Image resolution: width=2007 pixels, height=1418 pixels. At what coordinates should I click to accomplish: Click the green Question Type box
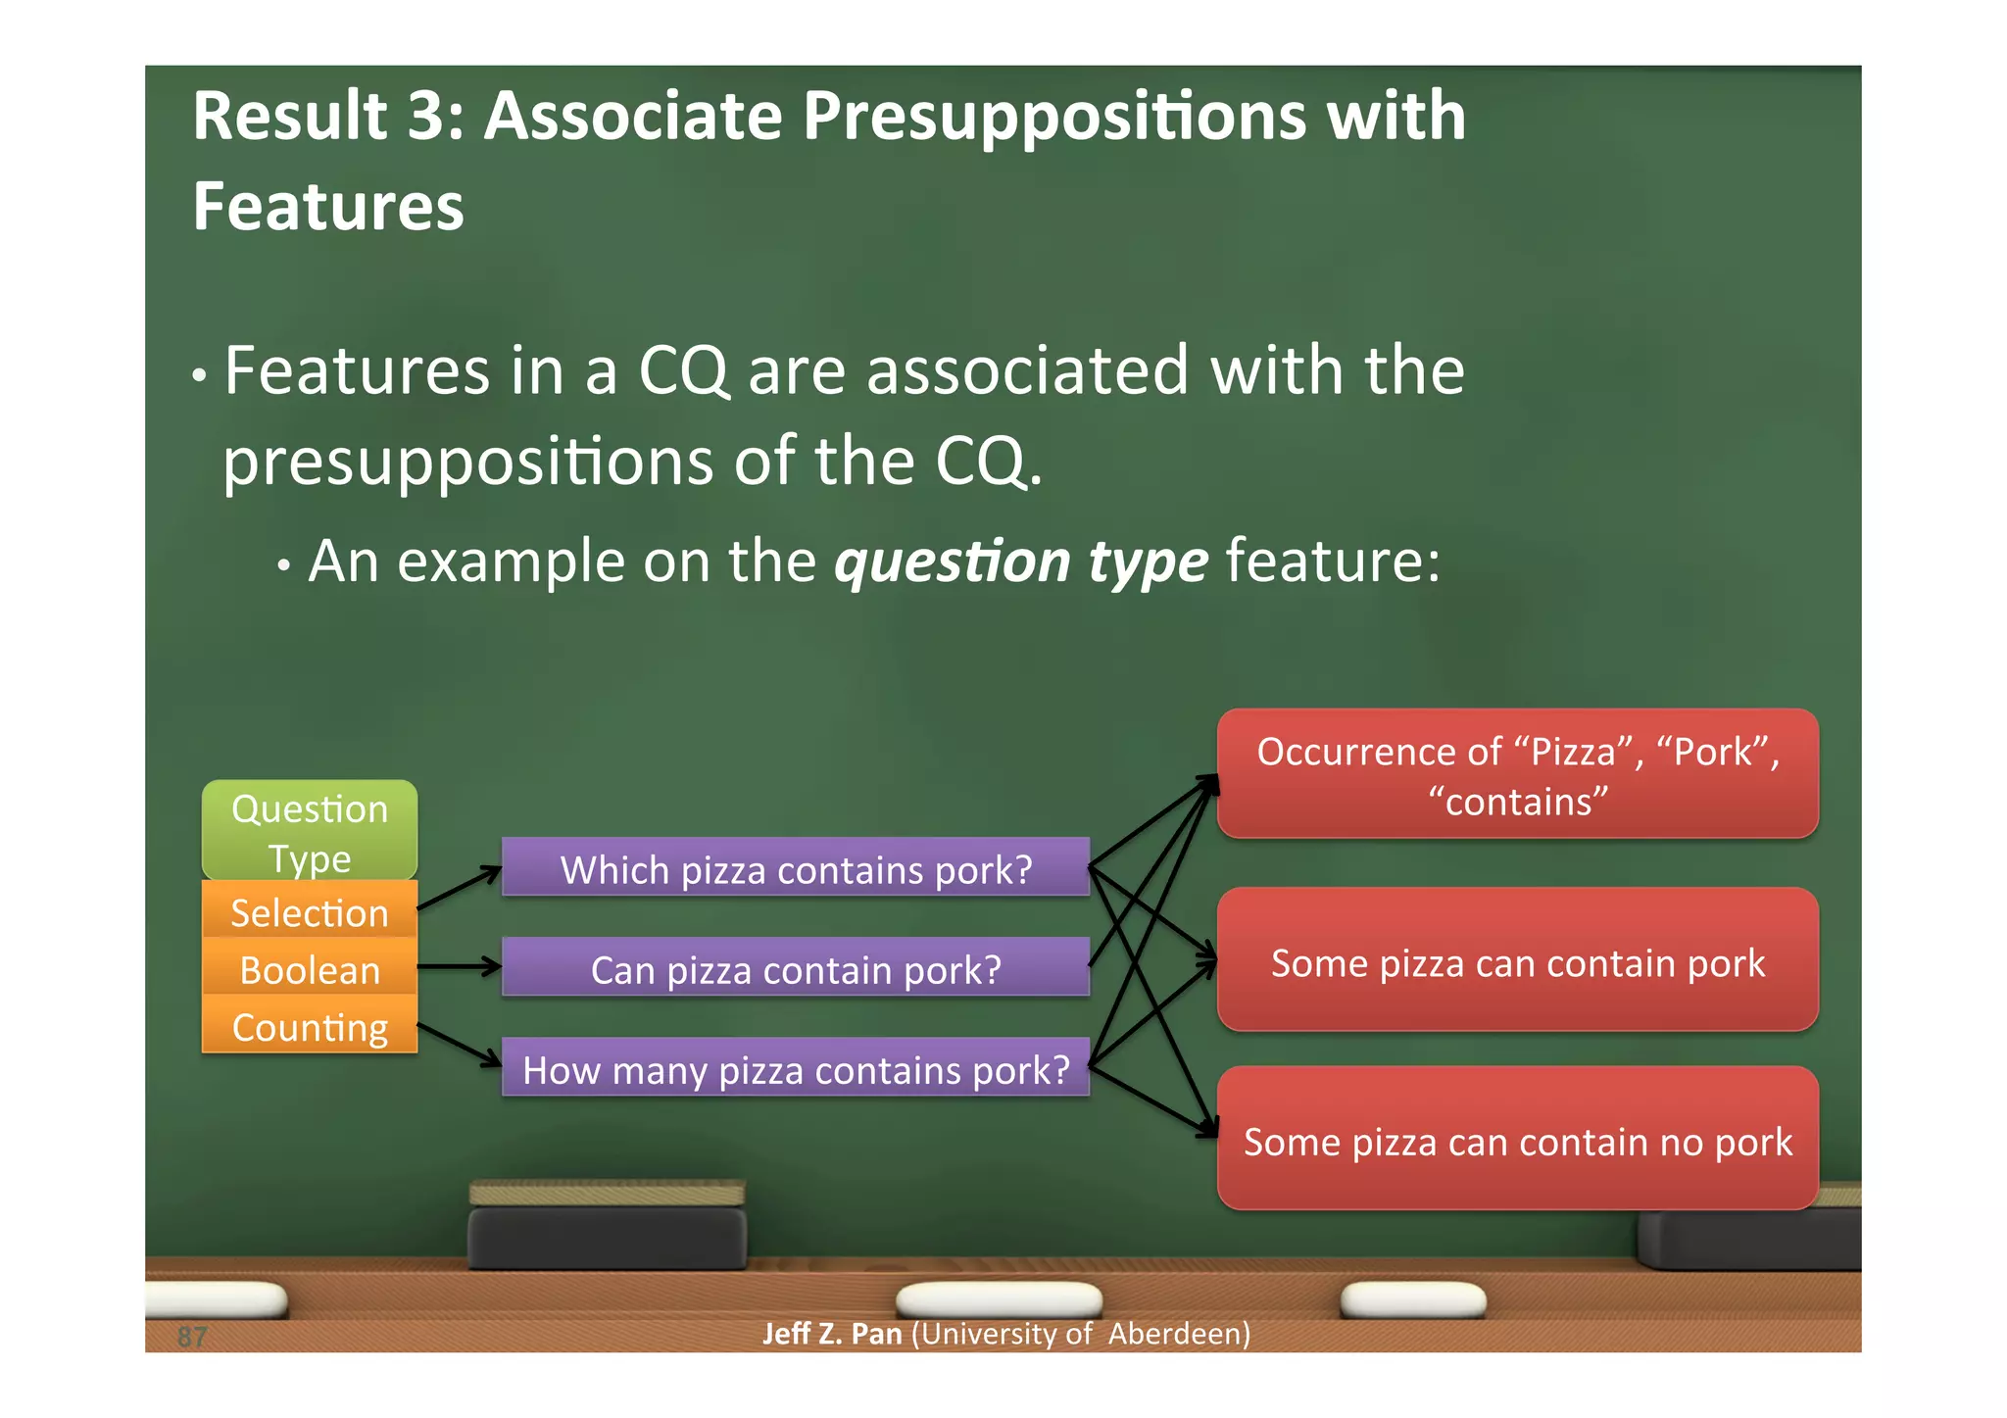click(x=310, y=829)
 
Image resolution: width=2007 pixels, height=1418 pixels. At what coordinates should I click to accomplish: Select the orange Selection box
click(x=310, y=911)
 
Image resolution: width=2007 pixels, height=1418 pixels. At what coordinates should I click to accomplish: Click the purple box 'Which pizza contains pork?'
click(x=795, y=868)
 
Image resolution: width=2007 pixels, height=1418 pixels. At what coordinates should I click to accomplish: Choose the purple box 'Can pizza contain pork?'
click(x=795, y=968)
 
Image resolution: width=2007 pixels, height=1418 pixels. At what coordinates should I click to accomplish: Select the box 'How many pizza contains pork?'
click(x=795, y=1068)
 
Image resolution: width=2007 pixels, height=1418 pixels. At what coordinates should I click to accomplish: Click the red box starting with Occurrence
click(x=1517, y=774)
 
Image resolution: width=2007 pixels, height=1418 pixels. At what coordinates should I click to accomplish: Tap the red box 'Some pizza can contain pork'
click(x=1517, y=960)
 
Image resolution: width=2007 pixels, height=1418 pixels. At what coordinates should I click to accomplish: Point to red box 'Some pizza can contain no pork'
click(x=1517, y=1140)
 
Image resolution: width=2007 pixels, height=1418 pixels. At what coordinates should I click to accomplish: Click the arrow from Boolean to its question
click(x=459, y=966)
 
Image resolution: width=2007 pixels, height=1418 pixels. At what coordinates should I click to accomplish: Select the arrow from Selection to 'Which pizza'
click(x=459, y=888)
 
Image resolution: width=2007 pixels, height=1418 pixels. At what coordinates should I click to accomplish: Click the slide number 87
click(x=192, y=1336)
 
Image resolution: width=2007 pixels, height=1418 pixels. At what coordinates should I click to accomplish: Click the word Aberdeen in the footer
click(x=1178, y=1334)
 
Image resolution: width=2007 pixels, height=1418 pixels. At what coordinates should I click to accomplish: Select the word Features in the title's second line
click(x=328, y=208)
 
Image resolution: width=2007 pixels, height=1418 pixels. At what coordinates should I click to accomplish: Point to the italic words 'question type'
click(x=1020, y=562)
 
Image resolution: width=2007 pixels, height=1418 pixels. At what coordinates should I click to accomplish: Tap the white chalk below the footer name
click(x=998, y=1299)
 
